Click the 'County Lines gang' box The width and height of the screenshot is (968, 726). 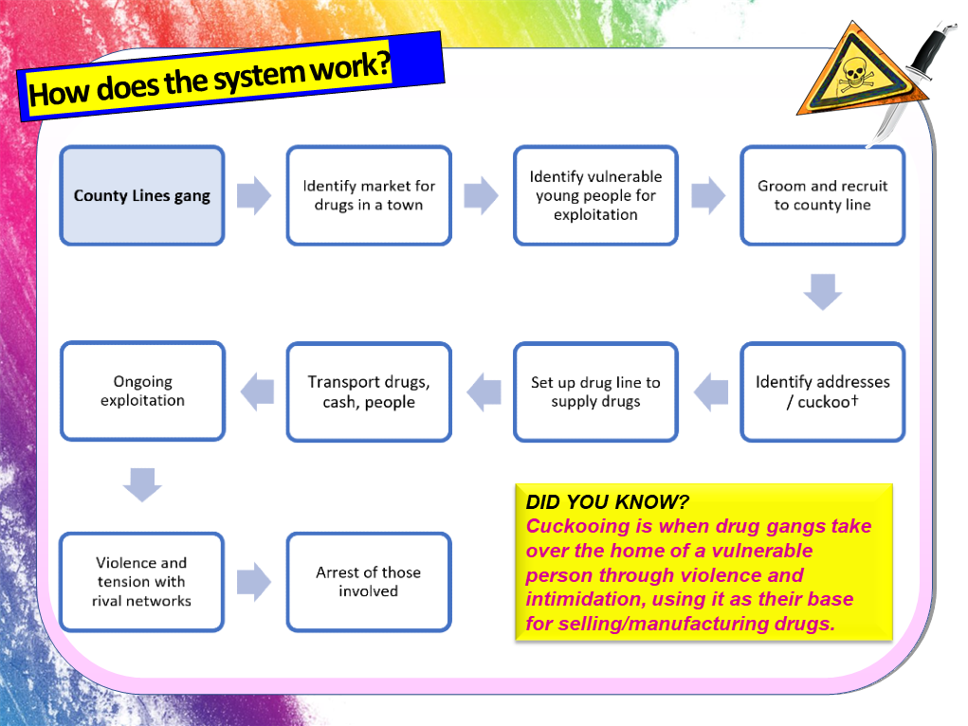point(142,196)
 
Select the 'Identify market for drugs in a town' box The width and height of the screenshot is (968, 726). point(369,196)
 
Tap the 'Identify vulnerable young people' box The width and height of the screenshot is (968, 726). point(595,196)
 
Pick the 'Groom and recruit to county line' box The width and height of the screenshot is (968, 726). point(822,196)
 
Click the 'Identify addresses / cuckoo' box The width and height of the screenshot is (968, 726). point(822,391)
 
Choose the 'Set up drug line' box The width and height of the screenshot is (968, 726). point(595,391)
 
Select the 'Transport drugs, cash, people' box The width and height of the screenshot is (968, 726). point(369,391)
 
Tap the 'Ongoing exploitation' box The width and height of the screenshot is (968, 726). point(142,391)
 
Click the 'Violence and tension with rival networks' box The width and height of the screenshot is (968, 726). point(142,582)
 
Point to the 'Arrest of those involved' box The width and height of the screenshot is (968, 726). point(369,582)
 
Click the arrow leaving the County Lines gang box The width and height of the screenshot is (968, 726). point(254,196)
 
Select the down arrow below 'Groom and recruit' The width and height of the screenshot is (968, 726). point(822,292)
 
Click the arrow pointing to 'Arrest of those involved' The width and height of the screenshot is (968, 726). point(254,582)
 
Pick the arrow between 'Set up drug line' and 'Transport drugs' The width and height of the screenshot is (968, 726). point(484,391)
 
